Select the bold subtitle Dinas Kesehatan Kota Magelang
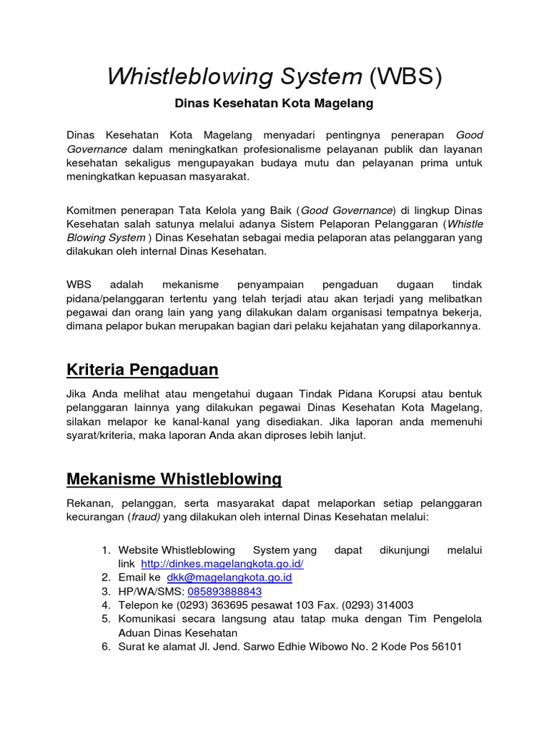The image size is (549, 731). [x=274, y=104]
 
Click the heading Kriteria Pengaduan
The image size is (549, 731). [x=142, y=370]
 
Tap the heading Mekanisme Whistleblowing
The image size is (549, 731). [x=174, y=478]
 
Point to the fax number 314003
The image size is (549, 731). [x=392, y=605]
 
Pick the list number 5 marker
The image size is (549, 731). [x=105, y=619]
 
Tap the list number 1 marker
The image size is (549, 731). [x=105, y=550]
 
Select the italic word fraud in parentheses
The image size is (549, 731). [x=145, y=518]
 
